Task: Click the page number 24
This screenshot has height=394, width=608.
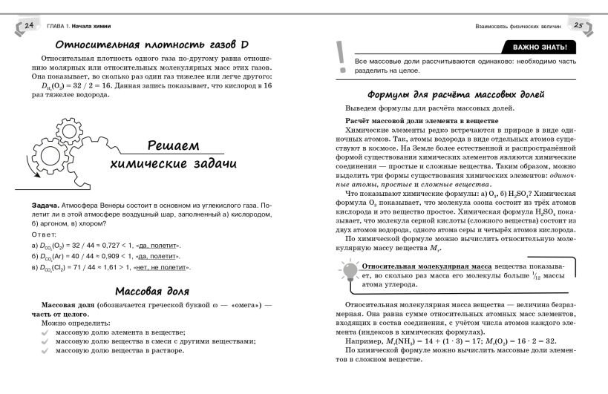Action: (x=30, y=27)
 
